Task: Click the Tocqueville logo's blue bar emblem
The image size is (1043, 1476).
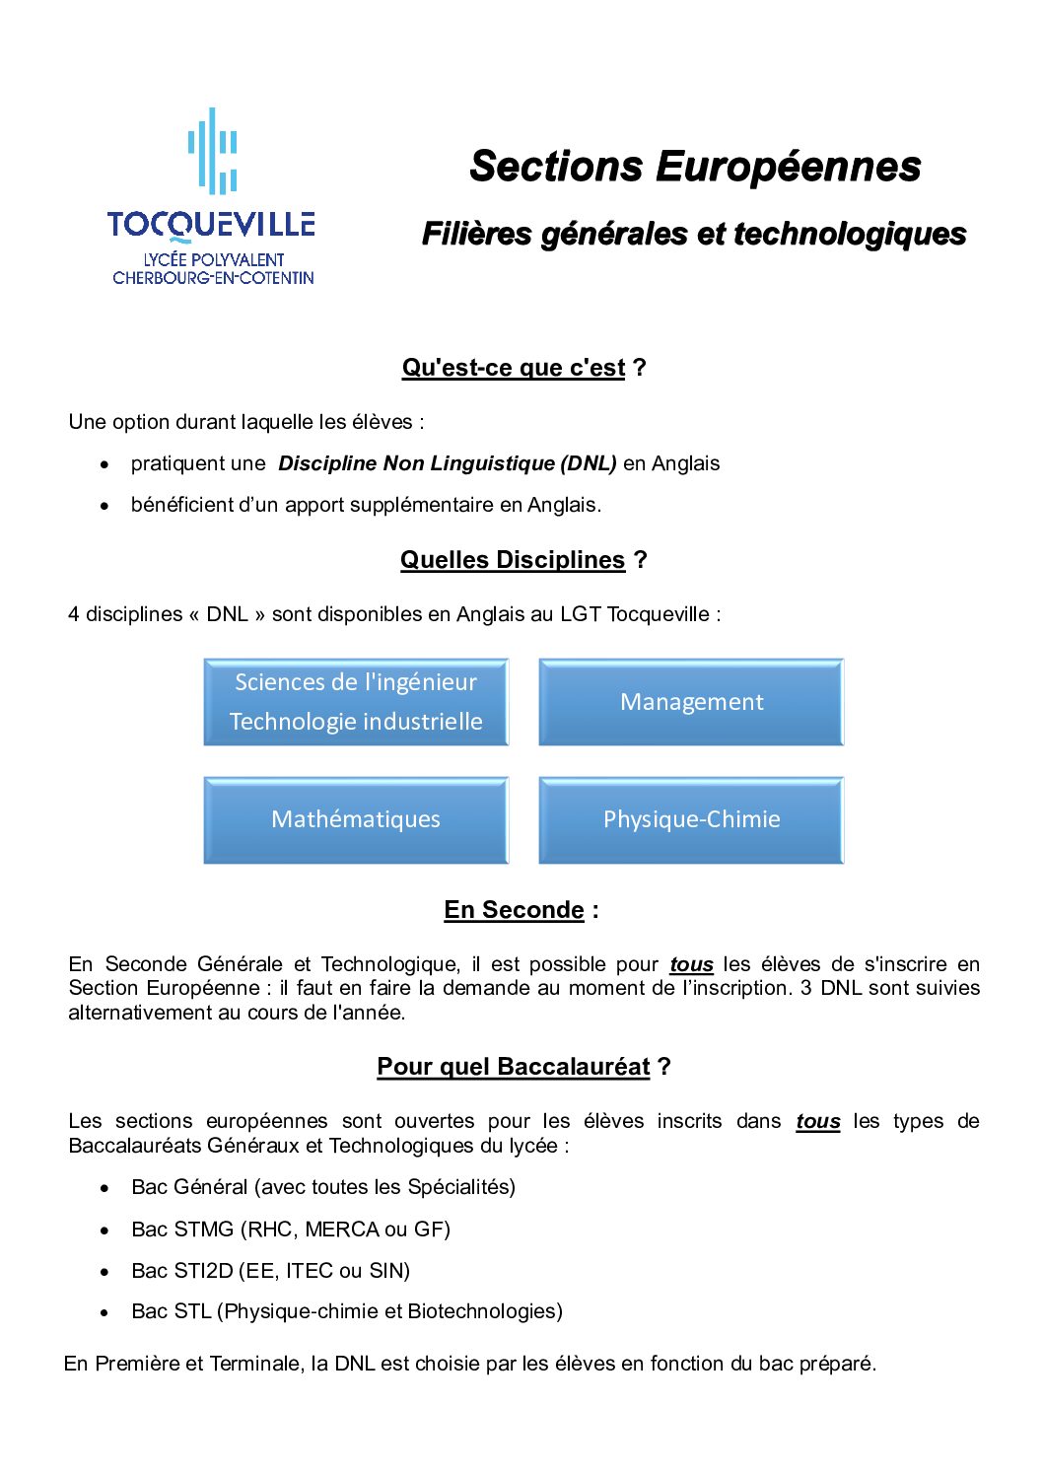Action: click(x=213, y=151)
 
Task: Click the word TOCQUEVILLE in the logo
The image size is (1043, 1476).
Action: click(x=211, y=225)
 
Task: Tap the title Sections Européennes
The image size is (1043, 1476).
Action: click(x=695, y=166)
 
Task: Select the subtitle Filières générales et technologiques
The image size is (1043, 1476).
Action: click(x=694, y=234)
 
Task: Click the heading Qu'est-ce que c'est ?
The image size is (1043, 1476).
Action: click(x=523, y=368)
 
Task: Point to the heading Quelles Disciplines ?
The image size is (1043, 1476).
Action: click(x=523, y=560)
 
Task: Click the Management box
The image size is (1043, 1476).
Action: click(x=691, y=702)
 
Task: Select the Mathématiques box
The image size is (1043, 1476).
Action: click(x=356, y=819)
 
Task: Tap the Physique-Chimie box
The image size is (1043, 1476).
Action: click(x=691, y=819)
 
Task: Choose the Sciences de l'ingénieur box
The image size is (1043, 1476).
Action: click(x=356, y=702)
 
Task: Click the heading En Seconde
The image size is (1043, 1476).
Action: click(x=521, y=910)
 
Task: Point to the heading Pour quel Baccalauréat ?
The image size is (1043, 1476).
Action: click(x=523, y=1067)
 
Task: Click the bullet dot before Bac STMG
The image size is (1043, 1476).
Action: click(x=104, y=1230)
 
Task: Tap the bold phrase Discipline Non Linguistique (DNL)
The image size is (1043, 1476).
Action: click(x=448, y=463)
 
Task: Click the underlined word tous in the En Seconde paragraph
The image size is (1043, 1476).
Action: click(x=691, y=964)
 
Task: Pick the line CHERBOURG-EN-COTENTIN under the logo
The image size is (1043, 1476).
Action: click(x=213, y=278)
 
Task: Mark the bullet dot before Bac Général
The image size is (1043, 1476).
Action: click(x=104, y=1188)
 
